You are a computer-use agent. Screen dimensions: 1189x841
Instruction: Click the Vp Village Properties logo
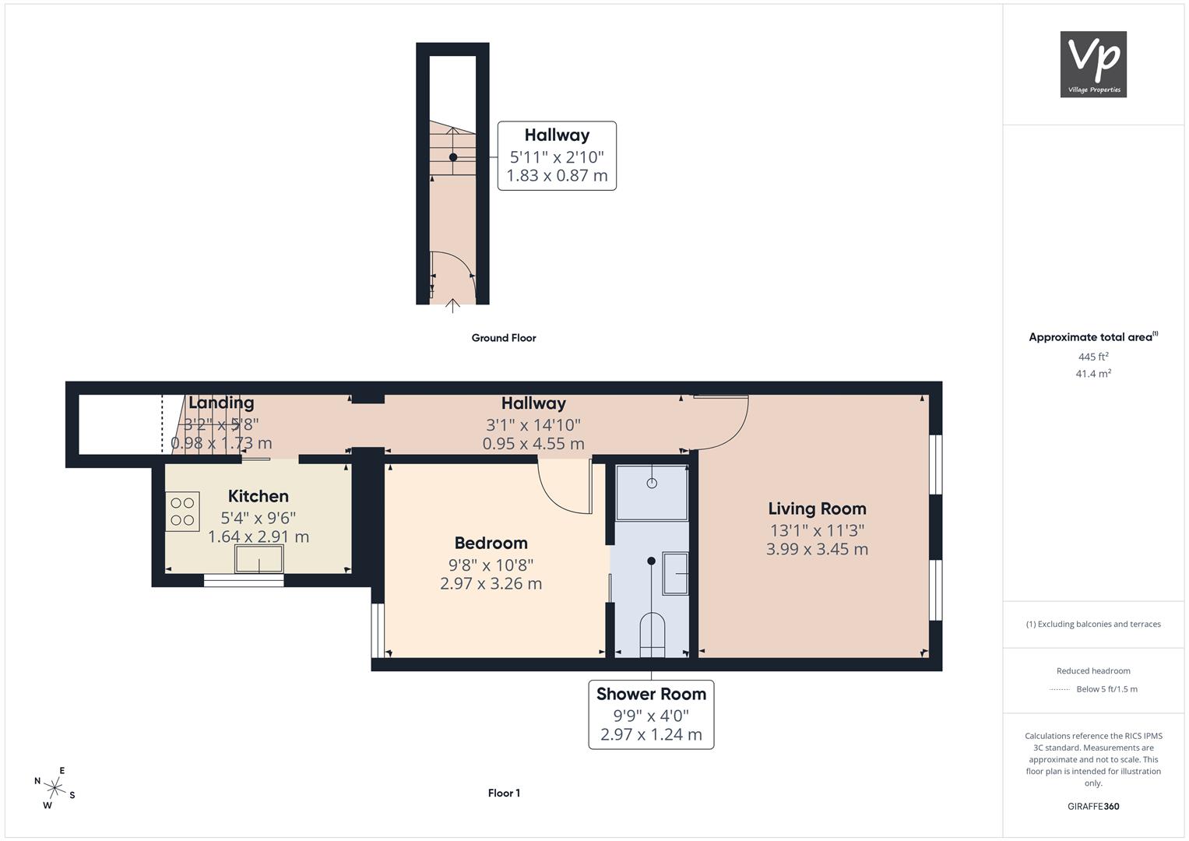tap(1093, 64)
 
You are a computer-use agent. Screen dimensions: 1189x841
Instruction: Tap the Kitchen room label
tap(259, 496)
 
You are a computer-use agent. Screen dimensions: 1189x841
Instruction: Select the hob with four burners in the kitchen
tap(183, 512)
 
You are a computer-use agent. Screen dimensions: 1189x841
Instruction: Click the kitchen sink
tap(259, 558)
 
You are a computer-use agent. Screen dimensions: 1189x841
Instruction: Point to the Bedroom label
tap(491, 543)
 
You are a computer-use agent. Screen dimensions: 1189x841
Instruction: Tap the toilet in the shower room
tap(653, 635)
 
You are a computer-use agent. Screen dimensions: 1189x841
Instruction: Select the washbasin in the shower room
tap(675, 573)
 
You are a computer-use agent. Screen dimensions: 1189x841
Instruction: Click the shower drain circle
tap(652, 483)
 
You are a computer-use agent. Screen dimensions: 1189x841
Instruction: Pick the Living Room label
tap(817, 508)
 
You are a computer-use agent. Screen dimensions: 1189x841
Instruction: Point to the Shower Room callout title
tap(651, 694)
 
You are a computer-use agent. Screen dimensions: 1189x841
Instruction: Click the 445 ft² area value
tap(1093, 357)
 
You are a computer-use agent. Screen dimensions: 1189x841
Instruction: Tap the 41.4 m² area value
tap(1093, 374)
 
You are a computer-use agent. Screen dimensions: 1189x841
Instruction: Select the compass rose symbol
tap(55, 787)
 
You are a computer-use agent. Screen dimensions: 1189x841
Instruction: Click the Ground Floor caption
tap(504, 338)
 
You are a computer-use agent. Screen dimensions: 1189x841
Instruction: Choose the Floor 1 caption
tap(504, 793)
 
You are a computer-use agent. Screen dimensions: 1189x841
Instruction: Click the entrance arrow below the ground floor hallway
tap(452, 306)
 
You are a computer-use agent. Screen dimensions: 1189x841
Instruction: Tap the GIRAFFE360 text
tap(1093, 806)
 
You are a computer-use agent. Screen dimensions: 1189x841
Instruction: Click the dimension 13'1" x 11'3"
tap(817, 530)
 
